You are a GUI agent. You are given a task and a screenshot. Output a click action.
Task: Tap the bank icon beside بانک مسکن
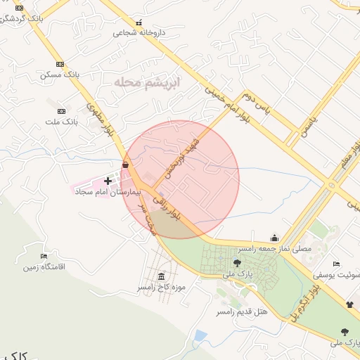60,63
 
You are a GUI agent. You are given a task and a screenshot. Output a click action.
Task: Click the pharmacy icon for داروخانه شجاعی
139,22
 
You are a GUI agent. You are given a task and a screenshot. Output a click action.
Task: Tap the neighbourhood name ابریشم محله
147,83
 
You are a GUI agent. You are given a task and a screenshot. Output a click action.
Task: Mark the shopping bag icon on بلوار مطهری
125,165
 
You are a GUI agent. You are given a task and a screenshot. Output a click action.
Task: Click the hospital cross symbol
108,181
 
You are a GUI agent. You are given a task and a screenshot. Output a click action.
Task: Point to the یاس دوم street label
257,103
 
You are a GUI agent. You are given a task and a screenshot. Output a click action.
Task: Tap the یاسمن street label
310,127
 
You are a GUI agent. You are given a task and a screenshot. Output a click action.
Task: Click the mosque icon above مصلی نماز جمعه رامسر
274,238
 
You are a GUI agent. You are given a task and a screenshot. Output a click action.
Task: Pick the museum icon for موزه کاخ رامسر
162,276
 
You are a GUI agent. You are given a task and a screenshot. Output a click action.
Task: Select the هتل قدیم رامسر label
242,311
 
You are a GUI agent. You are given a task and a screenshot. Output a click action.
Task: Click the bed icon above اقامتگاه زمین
44,256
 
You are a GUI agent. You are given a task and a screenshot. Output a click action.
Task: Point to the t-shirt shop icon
349,304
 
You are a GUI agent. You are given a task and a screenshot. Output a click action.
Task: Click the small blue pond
200,335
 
